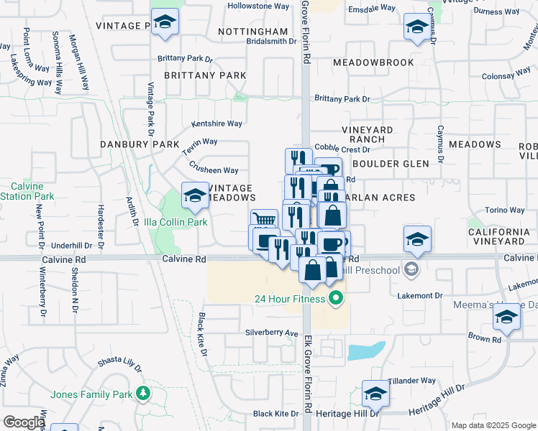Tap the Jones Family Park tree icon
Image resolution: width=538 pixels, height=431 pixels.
144,394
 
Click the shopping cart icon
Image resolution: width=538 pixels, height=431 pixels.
265,221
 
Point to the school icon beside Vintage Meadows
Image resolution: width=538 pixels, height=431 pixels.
194,195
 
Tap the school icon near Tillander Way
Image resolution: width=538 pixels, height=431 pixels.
375,393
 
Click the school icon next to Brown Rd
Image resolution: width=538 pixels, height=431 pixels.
506,318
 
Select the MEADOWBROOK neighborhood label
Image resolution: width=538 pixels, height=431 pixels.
373,62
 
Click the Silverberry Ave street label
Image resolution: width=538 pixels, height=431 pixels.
271,333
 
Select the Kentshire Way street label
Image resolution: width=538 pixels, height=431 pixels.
216,124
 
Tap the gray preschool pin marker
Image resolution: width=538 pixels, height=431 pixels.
411,270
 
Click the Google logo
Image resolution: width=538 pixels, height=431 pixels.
24,422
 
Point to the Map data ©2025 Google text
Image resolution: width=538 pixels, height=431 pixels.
493,425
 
